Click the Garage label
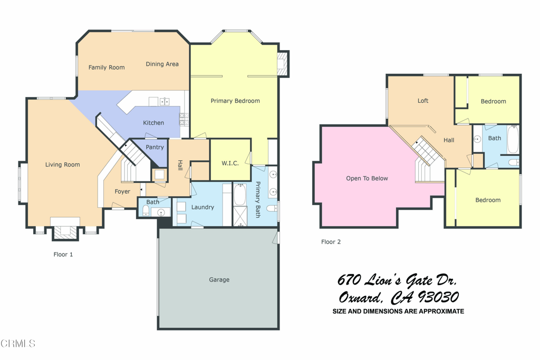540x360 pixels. point(219,280)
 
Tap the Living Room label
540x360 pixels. point(62,165)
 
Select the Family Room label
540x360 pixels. point(107,67)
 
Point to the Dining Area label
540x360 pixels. point(162,64)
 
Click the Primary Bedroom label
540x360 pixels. point(235,101)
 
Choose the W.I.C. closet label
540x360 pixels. point(230,163)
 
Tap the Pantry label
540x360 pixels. point(155,148)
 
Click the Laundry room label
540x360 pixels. point(202,208)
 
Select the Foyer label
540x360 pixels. point(122,192)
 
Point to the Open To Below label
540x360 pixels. point(367,179)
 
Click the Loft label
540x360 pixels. point(423,101)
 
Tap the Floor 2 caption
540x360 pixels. point(331,242)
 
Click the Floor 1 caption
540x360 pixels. point(63,255)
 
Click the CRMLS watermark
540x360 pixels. point(18,344)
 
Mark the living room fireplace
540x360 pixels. point(65,230)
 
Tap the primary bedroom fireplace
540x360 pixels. point(283,63)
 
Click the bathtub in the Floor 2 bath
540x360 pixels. point(513,140)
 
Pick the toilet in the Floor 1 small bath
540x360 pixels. point(146,211)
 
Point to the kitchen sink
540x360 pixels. point(164,102)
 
